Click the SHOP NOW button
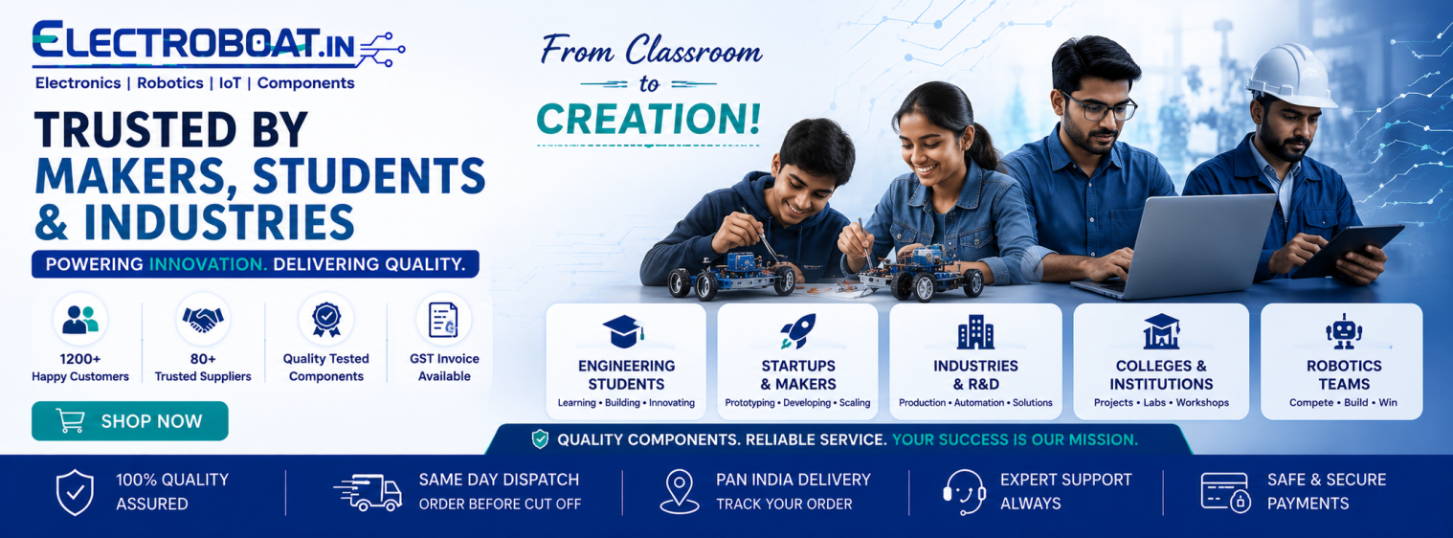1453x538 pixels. (x=130, y=421)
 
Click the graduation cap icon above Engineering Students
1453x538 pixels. (x=623, y=331)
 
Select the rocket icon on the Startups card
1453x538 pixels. (x=798, y=331)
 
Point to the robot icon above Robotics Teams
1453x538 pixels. (x=1343, y=331)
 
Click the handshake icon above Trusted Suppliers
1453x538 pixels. (x=203, y=320)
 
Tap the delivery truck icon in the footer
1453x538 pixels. (x=368, y=493)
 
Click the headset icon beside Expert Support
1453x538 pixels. (x=964, y=492)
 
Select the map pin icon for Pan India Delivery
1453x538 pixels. (x=680, y=492)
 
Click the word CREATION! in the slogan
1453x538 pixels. (x=649, y=120)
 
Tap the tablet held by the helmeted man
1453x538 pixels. (x=1350, y=250)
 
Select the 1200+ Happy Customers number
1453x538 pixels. (x=80, y=359)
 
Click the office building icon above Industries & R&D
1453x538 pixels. (x=975, y=331)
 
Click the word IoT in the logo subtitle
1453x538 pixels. (x=230, y=83)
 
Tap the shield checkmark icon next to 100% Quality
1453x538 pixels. (x=76, y=492)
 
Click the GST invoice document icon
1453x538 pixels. (x=444, y=320)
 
